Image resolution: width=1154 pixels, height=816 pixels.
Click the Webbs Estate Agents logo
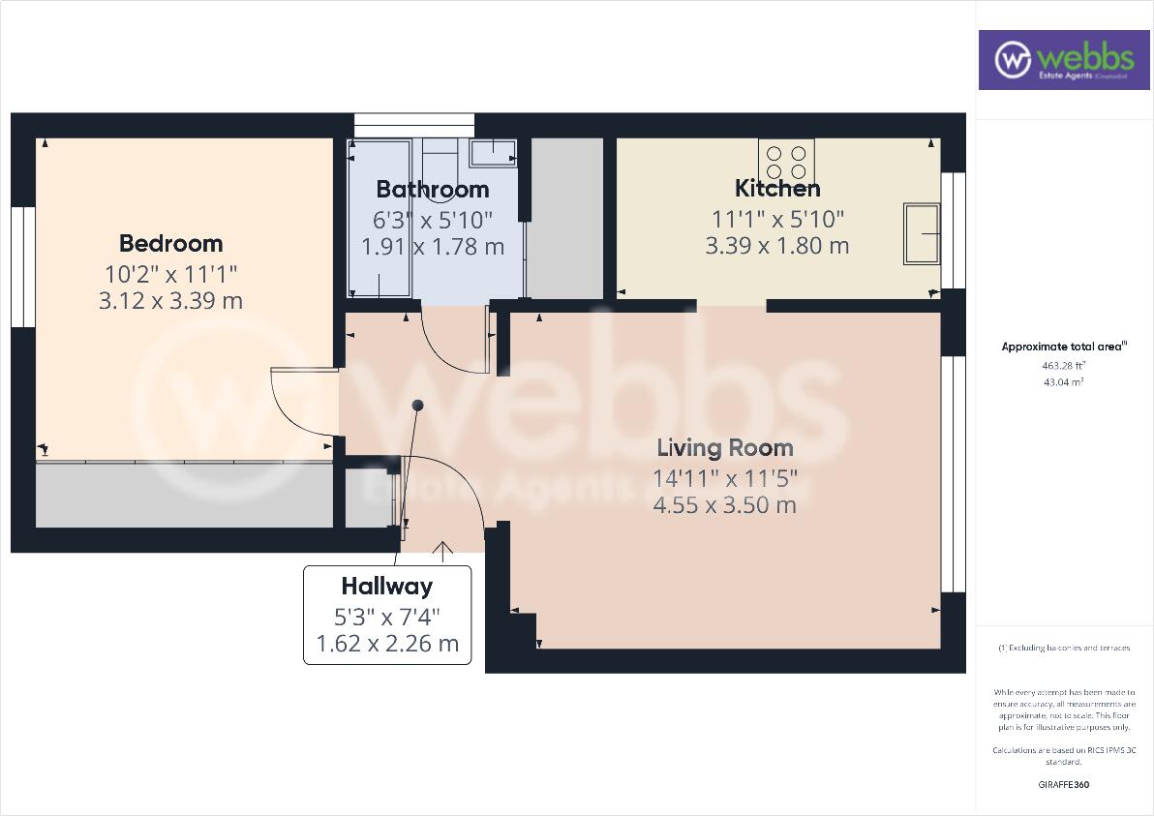pos(1062,59)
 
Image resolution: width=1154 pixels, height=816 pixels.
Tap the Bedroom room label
pos(170,244)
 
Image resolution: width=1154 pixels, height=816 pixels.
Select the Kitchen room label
pos(777,189)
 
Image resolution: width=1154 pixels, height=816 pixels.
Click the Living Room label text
pos(725,448)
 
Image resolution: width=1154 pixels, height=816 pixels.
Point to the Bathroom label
pos(433,190)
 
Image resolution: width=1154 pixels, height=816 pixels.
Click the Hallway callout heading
pos(386,587)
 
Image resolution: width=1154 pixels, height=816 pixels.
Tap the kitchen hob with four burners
pos(786,162)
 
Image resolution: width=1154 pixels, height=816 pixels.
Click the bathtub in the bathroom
pos(380,219)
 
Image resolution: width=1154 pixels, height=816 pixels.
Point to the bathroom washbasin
pos(493,151)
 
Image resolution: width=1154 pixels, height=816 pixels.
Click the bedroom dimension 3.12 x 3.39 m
pos(170,301)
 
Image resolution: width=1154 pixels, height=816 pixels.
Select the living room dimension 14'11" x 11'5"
pos(725,477)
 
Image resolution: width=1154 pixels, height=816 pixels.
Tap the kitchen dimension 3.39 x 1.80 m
pos(777,246)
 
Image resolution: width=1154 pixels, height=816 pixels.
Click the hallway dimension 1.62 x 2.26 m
pos(387,644)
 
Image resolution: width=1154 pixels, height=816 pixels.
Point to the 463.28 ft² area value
pos(1064,366)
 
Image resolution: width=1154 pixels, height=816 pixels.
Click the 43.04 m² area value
pos(1064,382)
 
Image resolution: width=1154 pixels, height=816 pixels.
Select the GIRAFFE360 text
pos(1064,785)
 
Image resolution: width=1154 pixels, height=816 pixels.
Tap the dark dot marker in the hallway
pos(417,405)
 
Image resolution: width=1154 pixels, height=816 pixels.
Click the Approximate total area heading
pos(1064,347)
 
